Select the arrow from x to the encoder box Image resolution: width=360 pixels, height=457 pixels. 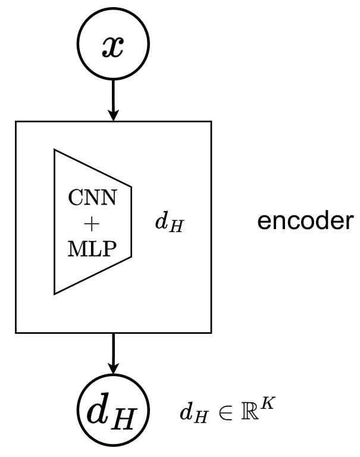(x=113, y=95)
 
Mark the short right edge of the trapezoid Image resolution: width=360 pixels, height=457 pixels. (x=131, y=221)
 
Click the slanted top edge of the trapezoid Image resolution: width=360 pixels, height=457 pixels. (x=92, y=168)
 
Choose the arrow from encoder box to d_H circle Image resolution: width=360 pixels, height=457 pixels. (x=113, y=351)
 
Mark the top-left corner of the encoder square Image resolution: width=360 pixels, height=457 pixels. (x=15, y=122)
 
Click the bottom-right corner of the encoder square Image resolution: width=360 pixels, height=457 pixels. (x=211, y=331)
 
